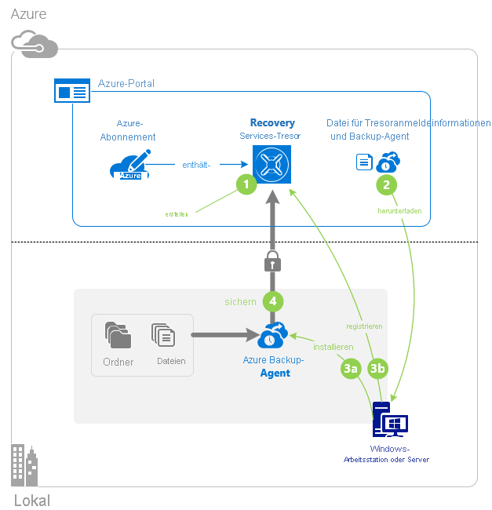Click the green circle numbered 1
246,184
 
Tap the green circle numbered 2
386,184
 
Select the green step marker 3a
351,367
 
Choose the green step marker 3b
377,367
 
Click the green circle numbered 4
272,301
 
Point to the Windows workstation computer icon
390,421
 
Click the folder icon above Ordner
118,336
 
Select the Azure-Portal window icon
71,90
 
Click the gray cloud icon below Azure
35,45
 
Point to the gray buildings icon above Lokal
25,465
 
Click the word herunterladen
400,210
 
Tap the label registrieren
365,326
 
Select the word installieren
333,346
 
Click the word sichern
240,301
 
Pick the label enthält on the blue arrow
198,165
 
